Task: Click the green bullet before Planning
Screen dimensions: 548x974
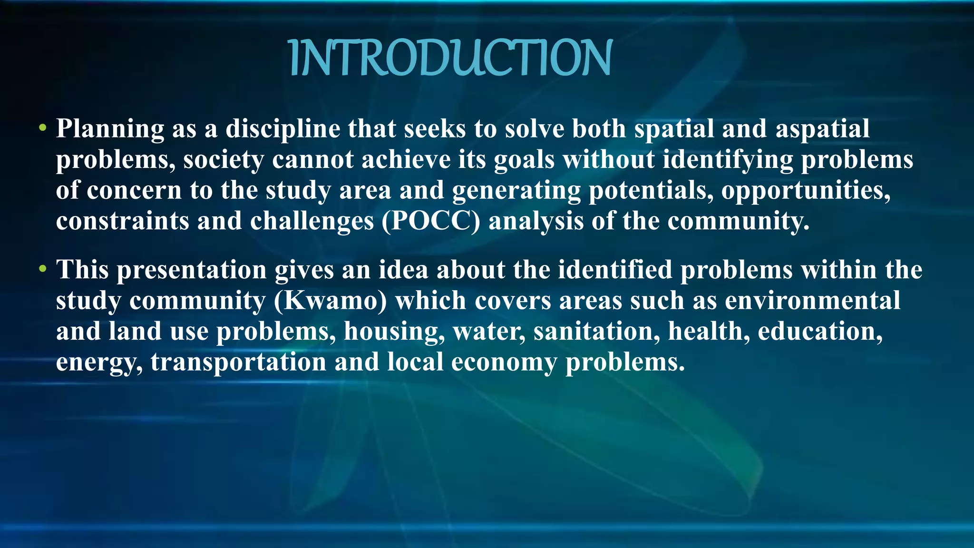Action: [x=43, y=128]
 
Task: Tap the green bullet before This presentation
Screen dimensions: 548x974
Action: [x=43, y=269]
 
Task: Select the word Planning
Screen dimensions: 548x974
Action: [x=110, y=129]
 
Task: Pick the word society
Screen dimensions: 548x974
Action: [x=224, y=160]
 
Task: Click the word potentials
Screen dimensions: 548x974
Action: [x=651, y=191]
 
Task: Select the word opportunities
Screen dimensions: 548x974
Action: [x=806, y=191]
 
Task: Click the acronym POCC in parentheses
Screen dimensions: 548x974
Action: [x=431, y=222]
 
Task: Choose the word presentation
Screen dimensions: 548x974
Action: [x=192, y=271]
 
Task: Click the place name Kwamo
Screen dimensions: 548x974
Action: [x=331, y=301]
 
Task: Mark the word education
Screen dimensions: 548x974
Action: [x=820, y=332]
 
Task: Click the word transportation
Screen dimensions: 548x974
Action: [x=238, y=362]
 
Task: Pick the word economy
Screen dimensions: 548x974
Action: [x=504, y=362]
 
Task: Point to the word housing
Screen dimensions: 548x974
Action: [x=394, y=332]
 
